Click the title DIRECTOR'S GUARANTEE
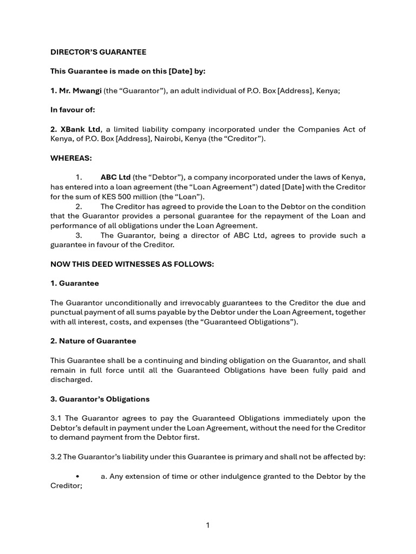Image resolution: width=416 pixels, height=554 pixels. pyautogui.click(x=98, y=52)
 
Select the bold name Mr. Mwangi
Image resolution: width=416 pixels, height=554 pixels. pyautogui.click(x=75, y=91)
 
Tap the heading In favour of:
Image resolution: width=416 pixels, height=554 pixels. pyautogui.click(x=73, y=110)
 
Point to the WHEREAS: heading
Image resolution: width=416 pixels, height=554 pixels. pyautogui.click(x=71, y=158)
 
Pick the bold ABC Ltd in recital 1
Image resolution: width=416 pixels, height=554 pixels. pyautogui.click(x=115, y=177)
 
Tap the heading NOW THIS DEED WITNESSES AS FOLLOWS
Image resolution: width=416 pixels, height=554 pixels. pyautogui.click(x=132, y=263)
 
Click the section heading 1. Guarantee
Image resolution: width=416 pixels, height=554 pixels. pyautogui.click(x=75, y=283)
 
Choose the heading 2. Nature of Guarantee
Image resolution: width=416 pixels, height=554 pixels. pyautogui.click(x=93, y=341)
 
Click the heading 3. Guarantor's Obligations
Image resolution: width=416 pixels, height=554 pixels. pyautogui.click(x=100, y=399)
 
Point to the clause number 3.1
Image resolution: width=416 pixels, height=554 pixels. pyautogui.click(x=56, y=418)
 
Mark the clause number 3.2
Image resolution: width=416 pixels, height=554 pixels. pyautogui.click(x=56, y=457)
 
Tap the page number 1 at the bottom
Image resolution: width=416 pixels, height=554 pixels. pyautogui.click(x=208, y=525)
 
